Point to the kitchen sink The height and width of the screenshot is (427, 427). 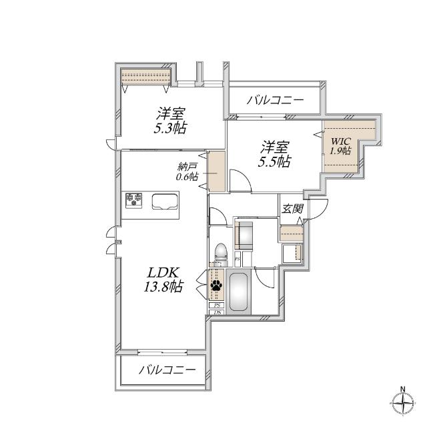[x=163, y=201]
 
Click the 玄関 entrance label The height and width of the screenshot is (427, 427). [x=292, y=209]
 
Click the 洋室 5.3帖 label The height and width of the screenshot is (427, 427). [x=171, y=120]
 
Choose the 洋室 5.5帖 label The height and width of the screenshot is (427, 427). [x=275, y=153]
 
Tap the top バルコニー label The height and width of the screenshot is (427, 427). [x=275, y=101]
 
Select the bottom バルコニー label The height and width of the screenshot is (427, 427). [x=167, y=371]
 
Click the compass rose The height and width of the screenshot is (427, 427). [x=403, y=403]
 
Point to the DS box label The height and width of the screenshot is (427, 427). [x=217, y=312]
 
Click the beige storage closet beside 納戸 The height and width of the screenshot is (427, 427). [x=216, y=171]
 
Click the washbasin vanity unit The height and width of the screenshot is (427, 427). [x=245, y=236]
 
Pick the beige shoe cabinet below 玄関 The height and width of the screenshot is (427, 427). [x=290, y=234]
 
